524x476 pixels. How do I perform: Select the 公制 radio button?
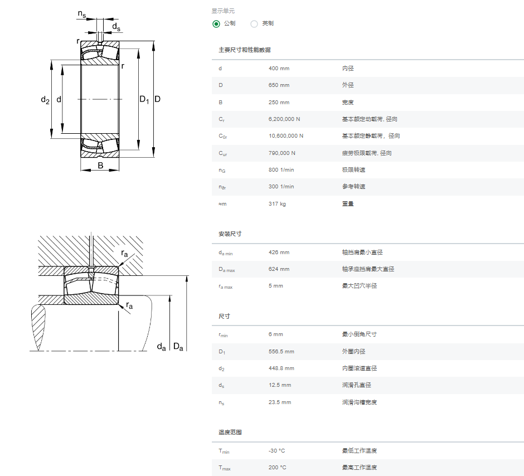coord(216,24)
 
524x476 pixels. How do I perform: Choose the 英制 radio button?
coord(254,24)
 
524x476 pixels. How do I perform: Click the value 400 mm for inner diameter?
coord(279,69)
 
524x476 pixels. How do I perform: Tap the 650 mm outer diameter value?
coord(279,85)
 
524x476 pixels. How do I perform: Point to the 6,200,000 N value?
coord(284,119)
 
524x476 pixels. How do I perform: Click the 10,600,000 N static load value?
coord(286,136)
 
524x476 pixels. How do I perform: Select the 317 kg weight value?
coord(277,204)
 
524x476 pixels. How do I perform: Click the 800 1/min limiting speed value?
coord(281,169)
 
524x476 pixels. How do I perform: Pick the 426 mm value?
coord(279,252)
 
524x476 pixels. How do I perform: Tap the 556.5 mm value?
coord(281,351)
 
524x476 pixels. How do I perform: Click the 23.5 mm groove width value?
coord(280,402)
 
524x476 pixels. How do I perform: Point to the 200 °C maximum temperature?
coord(277,467)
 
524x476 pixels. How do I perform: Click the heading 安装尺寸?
coord(230,234)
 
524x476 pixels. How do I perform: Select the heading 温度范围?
coord(230,432)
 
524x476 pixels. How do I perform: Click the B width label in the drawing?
coord(100,166)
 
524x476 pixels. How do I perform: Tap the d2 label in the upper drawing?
coord(45,100)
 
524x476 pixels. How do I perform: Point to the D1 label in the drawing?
coord(144,99)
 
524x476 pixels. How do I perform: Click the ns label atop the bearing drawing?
coord(82,14)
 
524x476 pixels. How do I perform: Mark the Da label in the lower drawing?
coord(178,347)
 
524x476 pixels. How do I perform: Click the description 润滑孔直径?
coord(356,385)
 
